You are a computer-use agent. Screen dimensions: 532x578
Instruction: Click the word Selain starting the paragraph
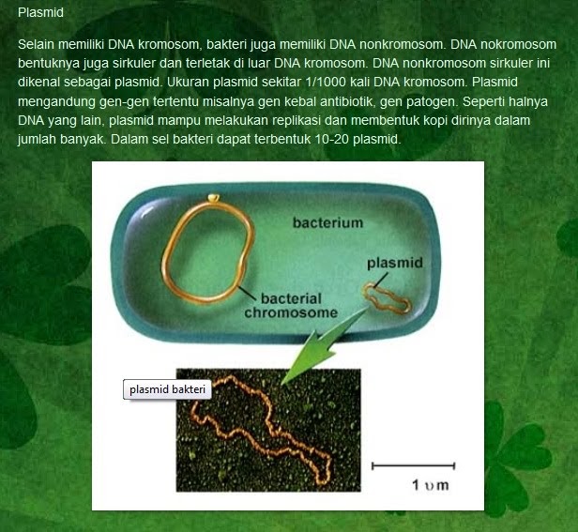point(36,44)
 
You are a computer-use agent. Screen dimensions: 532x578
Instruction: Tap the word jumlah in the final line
point(38,138)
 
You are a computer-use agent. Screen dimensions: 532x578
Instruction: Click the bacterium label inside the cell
point(327,223)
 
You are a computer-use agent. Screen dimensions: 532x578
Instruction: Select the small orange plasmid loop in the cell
point(388,297)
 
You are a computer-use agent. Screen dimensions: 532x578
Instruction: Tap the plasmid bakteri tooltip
point(168,388)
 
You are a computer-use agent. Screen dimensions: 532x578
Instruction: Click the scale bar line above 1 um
point(413,465)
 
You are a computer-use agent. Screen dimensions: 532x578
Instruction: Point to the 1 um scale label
point(430,485)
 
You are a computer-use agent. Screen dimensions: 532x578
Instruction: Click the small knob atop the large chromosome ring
point(216,197)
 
